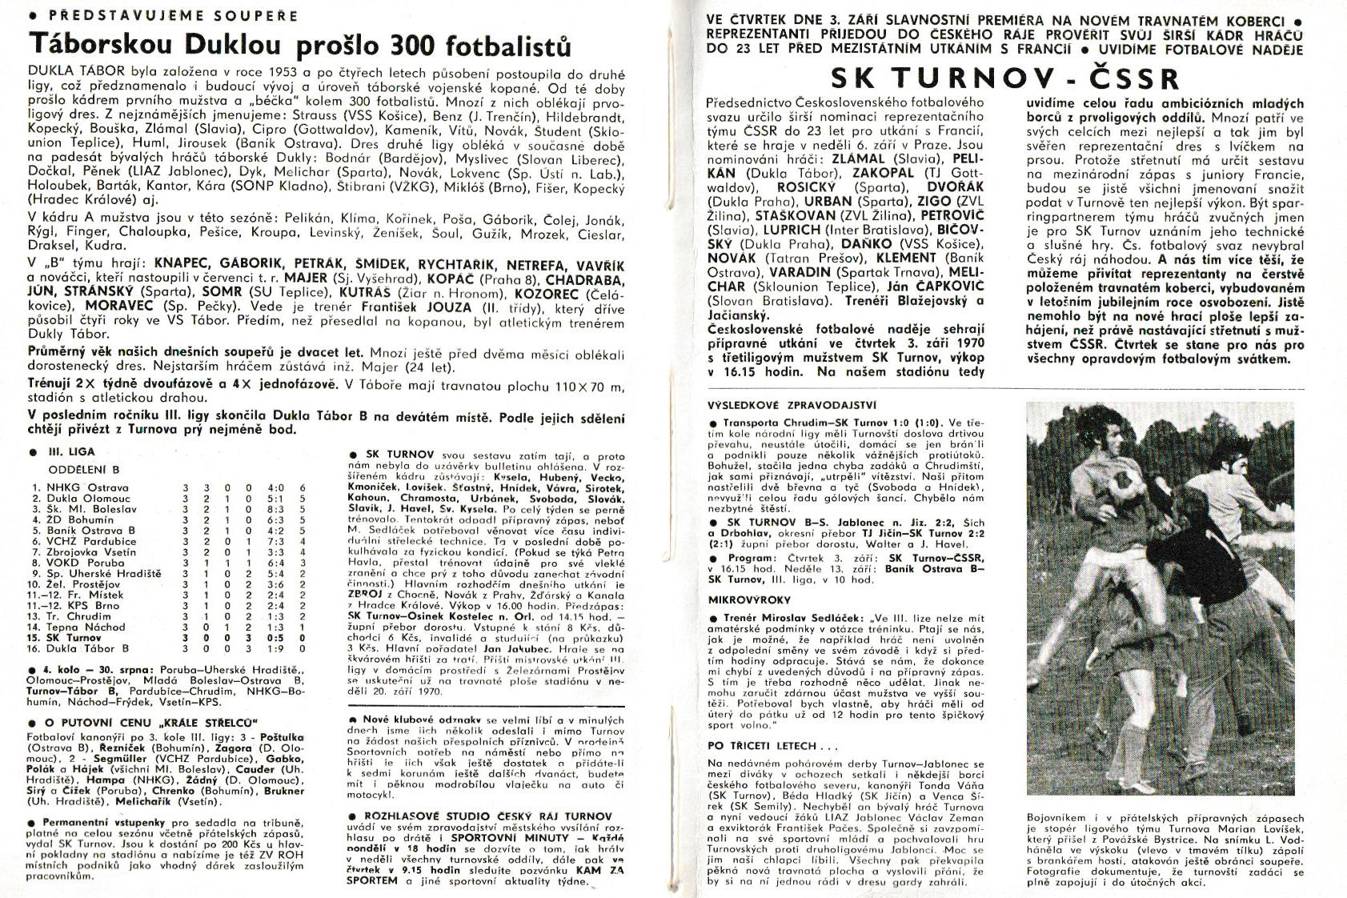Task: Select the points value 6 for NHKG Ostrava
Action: click(303, 487)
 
